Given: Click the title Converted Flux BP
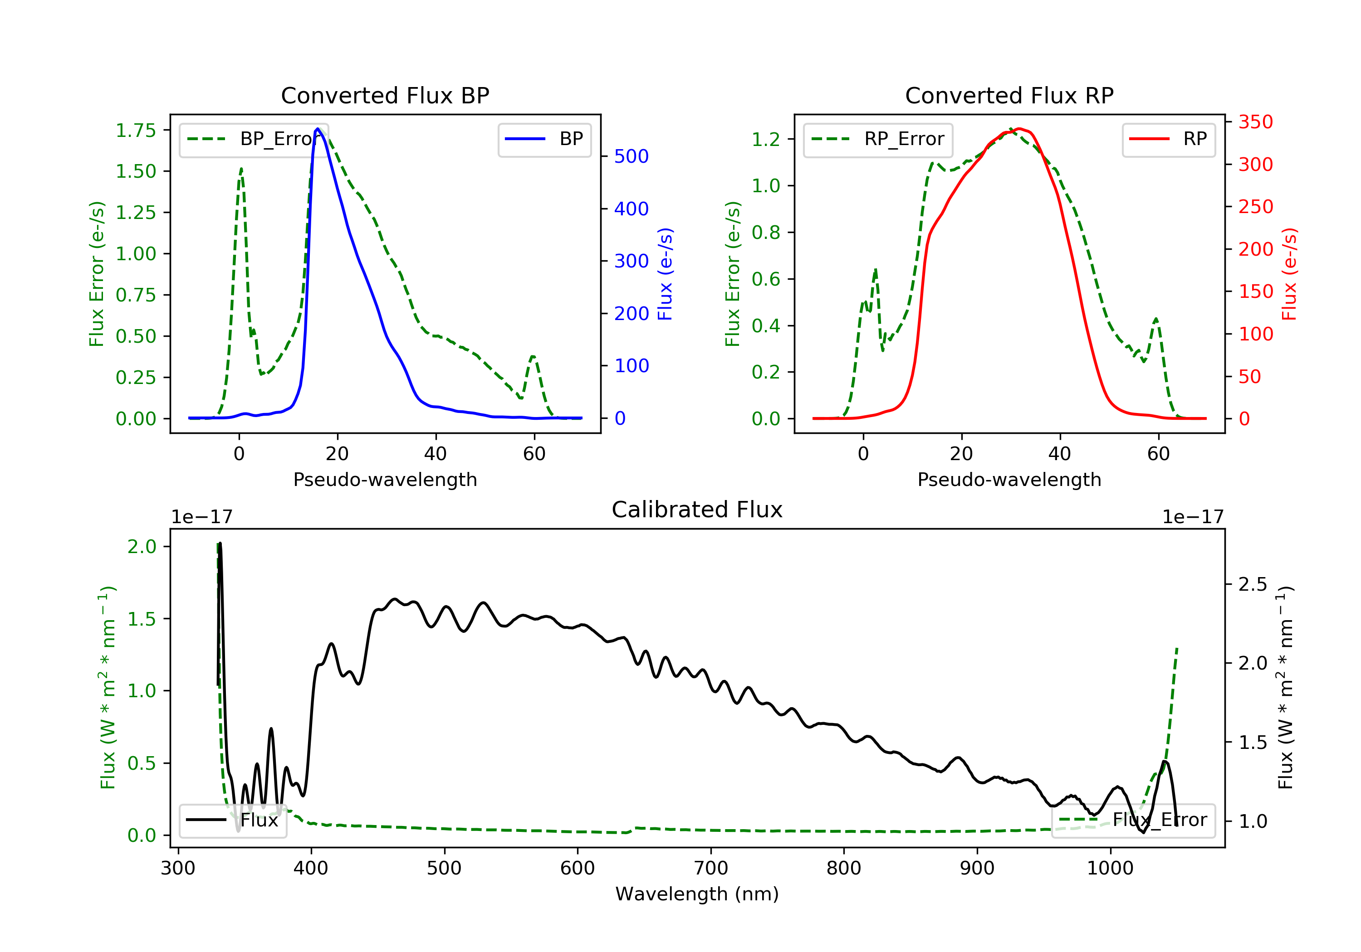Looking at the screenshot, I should click(385, 95).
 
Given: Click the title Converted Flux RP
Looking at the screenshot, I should click(1009, 95).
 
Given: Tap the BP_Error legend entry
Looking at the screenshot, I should click(254, 139).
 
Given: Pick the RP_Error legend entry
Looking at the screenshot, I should click(878, 139).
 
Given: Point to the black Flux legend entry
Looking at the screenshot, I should click(233, 820).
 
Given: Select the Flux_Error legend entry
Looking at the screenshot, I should click(1133, 820).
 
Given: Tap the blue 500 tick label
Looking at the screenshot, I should click(632, 156).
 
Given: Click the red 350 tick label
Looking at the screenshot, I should click(1255, 122).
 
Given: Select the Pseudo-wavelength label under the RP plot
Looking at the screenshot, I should click(1009, 479).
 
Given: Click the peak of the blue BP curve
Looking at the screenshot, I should click(318, 129).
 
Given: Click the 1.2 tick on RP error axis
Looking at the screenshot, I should click(765, 139).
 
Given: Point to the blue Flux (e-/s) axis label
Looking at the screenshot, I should click(665, 274).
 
